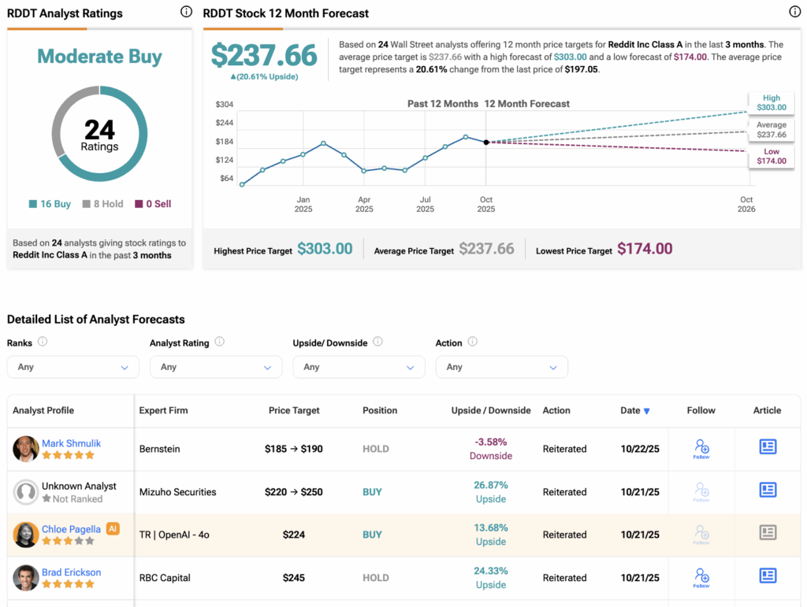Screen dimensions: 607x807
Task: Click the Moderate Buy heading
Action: point(99,57)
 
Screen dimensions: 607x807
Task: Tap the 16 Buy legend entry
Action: point(50,204)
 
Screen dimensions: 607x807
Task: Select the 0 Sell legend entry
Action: point(153,204)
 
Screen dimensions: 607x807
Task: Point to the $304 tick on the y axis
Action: point(225,105)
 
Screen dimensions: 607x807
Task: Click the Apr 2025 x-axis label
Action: point(364,204)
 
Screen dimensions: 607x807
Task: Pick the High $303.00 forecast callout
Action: point(772,102)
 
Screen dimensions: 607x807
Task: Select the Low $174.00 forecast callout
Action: point(772,156)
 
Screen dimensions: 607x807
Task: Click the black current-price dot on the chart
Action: point(486,142)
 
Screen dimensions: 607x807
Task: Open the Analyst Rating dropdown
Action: point(216,367)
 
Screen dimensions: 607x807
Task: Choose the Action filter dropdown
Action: point(501,367)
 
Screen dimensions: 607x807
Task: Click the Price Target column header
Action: point(294,410)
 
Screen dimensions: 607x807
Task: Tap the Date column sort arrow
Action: point(647,411)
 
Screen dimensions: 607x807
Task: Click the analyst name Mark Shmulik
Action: point(71,443)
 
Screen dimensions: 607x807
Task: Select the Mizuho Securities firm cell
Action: point(177,492)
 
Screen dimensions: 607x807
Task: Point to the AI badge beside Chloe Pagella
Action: point(113,529)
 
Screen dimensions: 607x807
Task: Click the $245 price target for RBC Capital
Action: point(294,578)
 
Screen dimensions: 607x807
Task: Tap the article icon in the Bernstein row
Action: point(768,447)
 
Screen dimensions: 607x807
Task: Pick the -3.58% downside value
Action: point(491,442)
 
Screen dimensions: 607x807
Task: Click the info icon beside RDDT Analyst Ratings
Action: point(186,12)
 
